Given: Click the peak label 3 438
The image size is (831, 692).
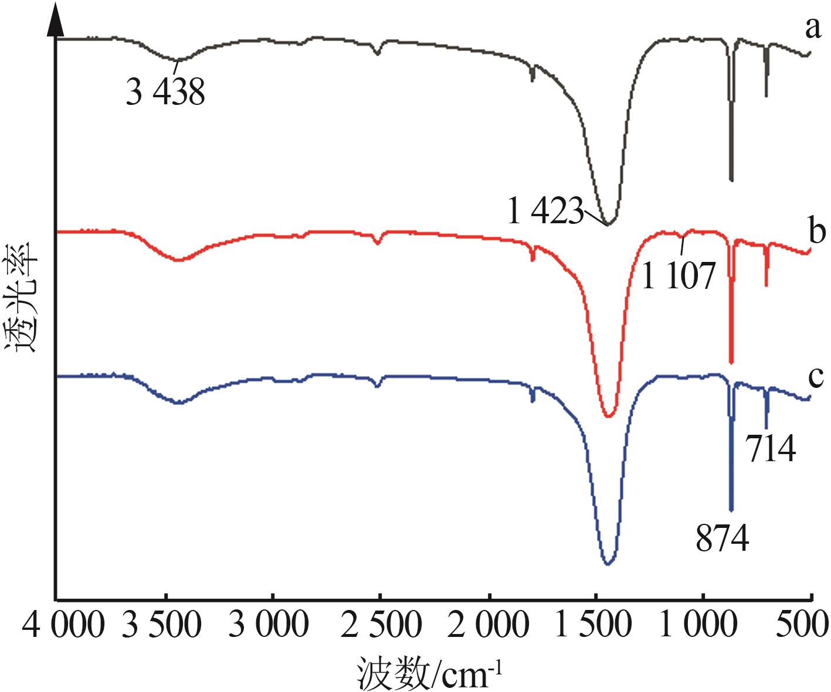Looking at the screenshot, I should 165,92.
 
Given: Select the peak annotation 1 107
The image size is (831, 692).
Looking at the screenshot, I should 679,275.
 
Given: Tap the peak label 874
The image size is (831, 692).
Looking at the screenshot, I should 722,538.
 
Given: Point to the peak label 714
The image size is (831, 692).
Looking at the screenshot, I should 771,449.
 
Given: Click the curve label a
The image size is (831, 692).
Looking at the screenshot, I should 813,28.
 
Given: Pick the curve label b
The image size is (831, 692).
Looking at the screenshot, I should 816,231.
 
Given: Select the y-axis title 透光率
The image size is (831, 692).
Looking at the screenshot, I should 22,296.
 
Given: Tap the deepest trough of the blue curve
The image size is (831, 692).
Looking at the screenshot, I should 608,564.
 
